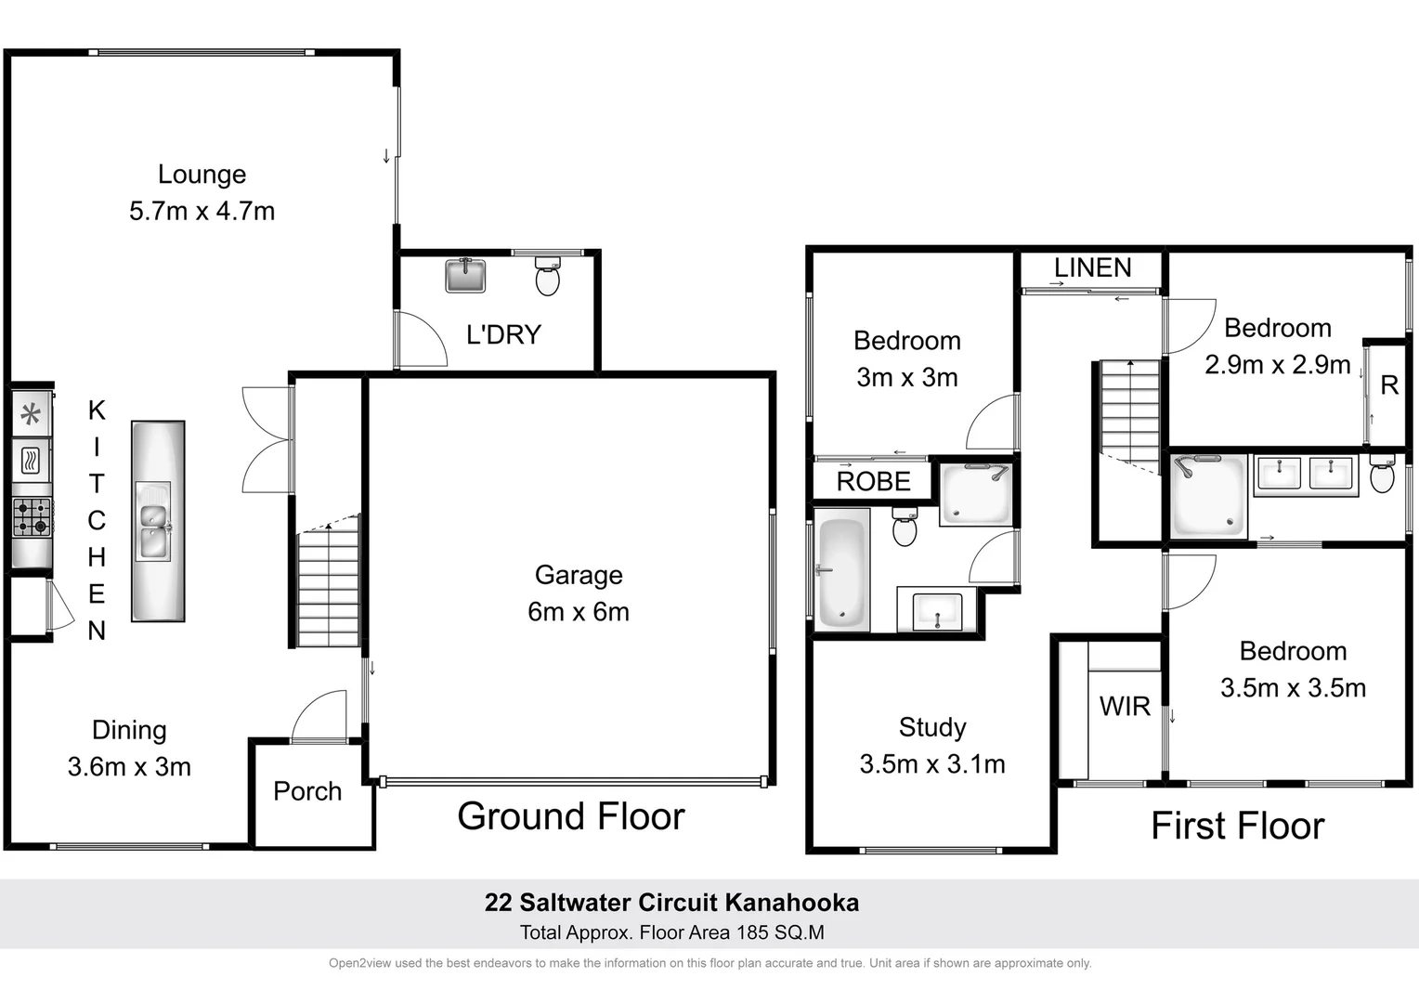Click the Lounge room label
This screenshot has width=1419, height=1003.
click(x=202, y=175)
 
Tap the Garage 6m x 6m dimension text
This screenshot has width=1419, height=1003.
click(x=578, y=612)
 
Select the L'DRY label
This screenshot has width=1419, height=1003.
click(x=503, y=334)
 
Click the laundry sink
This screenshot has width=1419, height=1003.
click(x=465, y=276)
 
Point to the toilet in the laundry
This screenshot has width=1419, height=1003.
click(x=548, y=277)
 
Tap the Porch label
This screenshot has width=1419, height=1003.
click(x=307, y=791)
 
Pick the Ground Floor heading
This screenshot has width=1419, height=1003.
click(x=570, y=816)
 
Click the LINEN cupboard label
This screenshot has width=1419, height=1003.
click(x=1092, y=267)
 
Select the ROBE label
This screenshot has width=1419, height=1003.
click(x=873, y=481)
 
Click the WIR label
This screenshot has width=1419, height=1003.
click(x=1125, y=707)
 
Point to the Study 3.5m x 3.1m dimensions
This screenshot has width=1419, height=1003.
click(x=931, y=764)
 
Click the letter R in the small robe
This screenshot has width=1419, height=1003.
click(x=1389, y=385)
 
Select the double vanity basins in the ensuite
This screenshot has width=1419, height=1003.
click(x=1305, y=473)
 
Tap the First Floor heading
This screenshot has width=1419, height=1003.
click(x=1237, y=826)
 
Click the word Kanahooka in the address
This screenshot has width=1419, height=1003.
click(x=791, y=903)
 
